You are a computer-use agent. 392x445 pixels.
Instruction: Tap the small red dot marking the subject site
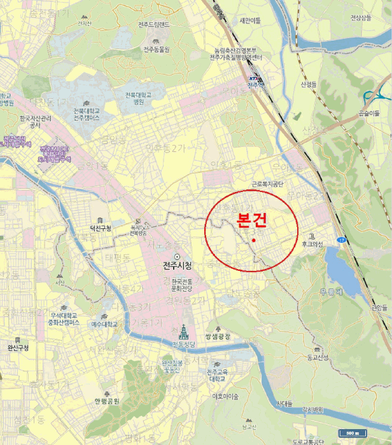point(253,240)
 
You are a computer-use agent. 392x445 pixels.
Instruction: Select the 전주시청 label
point(178,265)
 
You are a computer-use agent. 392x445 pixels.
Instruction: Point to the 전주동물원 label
point(157,49)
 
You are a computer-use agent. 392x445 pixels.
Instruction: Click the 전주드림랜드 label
point(154,25)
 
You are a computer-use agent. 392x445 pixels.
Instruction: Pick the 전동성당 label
point(183,345)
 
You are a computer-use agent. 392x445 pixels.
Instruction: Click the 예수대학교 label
point(105,324)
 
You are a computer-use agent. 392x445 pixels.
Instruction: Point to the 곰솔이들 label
point(369,113)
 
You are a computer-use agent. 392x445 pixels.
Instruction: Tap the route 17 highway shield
point(342,240)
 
